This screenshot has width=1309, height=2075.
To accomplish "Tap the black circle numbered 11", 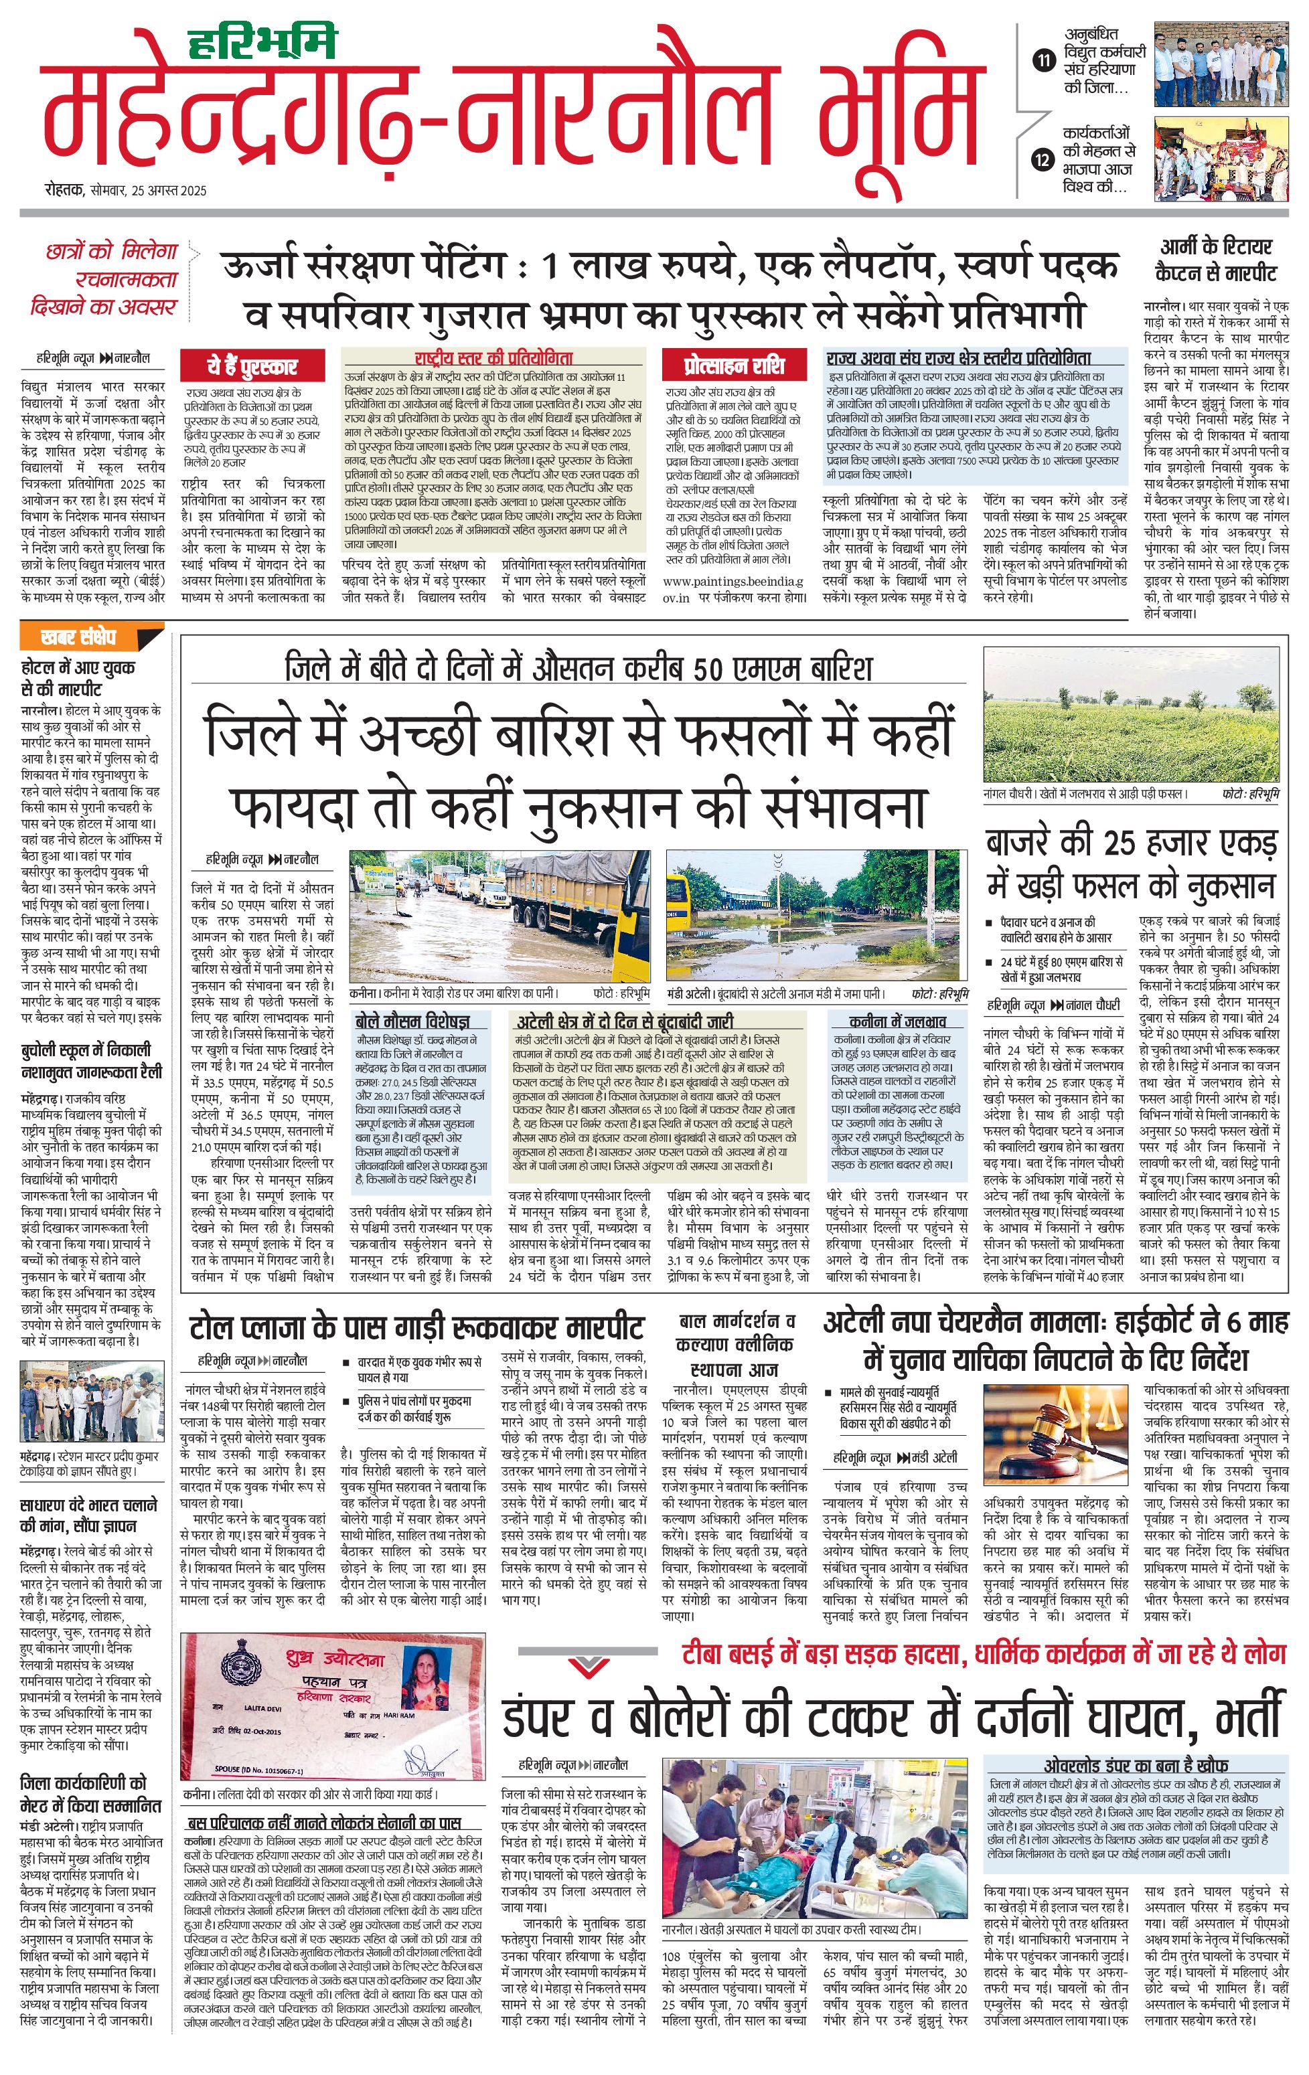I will pos(1044,60).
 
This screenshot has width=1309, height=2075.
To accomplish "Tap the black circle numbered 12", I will pos(1044,160).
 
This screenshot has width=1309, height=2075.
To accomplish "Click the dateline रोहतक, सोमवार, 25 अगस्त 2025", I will pos(126,191).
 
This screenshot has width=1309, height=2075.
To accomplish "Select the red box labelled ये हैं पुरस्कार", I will pos(251,366).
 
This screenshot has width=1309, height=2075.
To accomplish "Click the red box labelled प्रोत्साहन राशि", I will pos(733,365).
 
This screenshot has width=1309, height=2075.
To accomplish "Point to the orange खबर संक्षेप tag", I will pos(79,639).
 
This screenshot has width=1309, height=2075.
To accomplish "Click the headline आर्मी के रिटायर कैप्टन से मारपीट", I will pos(1215,261).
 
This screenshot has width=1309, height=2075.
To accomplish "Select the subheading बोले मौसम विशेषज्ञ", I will pos(412,1021).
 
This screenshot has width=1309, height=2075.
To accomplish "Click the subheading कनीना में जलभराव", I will pos(897,1021).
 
